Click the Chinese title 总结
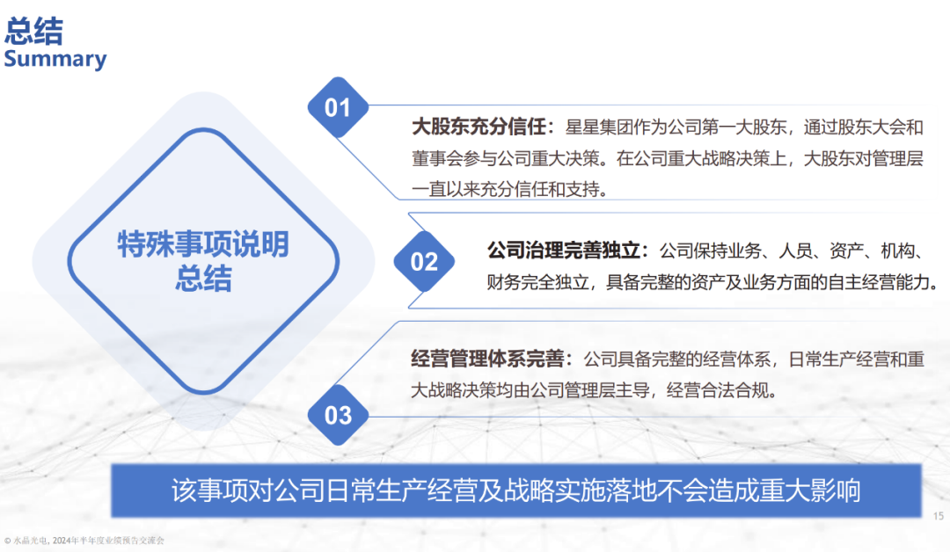pyautogui.click(x=34, y=31)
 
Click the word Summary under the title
pyautogui.click(x=55, y=59)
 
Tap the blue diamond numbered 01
pyautogui.click(x=338, y=107)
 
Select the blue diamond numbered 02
pyautogui.click(x=424, y=261)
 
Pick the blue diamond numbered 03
pyautogui.click(x=338, y=415)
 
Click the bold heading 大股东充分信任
pyautogui.click(x=479, y=127)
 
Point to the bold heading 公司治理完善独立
pyautogui.click(x=564, y=250)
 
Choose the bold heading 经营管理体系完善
pyautogui.click(x=487, y=359)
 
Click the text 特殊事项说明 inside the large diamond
pyautogui.click(x=203, y=244)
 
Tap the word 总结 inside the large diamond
pyautogui.click(x=203, y=279)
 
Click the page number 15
pyautogui.click(x=938, y=516)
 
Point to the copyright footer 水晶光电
pyautogui.click(x=30, y=541)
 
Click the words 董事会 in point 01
pyautogui.click(x=437, y=158)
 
